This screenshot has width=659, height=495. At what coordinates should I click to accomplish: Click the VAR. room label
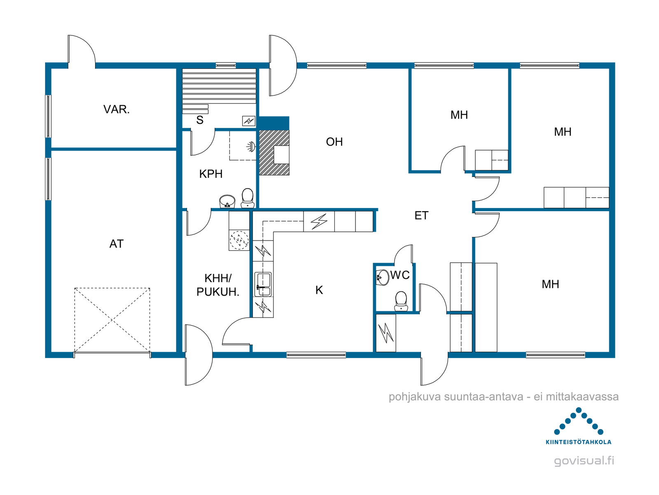117,109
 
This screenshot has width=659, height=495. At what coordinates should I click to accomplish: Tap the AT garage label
117,244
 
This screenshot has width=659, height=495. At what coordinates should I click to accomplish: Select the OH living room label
334,142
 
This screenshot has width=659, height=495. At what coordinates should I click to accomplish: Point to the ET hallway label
421,215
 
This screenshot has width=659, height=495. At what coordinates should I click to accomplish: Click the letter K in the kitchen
319,290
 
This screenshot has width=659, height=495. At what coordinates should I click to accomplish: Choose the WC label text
400,275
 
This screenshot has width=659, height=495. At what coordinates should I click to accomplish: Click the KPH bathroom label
211,174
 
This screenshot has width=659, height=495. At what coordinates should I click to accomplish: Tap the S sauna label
200,120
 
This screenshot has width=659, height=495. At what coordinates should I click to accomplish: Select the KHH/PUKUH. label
217,285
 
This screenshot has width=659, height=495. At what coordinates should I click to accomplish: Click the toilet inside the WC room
401,301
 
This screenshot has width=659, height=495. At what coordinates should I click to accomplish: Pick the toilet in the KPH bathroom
248,198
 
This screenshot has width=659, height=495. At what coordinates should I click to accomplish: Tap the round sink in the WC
382,277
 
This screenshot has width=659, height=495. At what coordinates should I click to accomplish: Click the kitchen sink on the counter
263,284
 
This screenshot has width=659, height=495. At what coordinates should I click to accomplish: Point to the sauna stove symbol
249,121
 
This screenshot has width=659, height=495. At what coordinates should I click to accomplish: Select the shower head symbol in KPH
251,147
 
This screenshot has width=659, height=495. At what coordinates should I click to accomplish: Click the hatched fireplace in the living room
274,152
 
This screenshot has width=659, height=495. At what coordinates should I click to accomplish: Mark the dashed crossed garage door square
112,320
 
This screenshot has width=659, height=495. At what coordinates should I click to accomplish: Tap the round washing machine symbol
239,240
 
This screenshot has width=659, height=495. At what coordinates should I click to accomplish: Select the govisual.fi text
584,461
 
